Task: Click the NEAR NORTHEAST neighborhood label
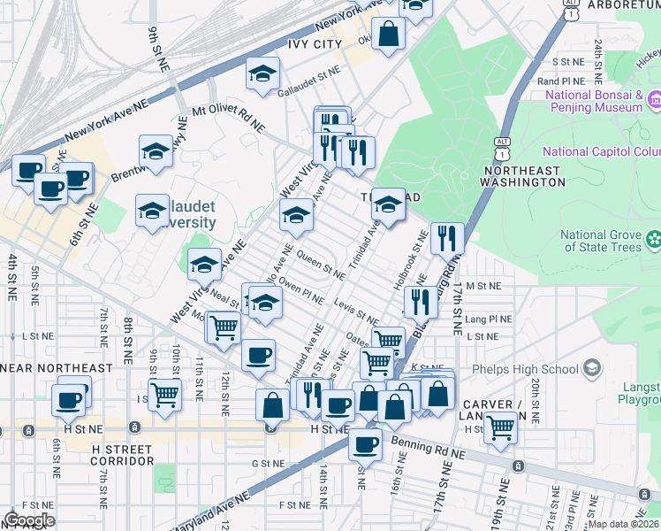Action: pyautogui.click(x=57, y=368)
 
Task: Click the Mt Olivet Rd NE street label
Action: pyautogui.click(x=228, y=119)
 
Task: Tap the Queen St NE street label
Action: pyautogui.click(x=321, y=265)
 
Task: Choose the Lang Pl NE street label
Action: pyautogui.click(x=489, y=319)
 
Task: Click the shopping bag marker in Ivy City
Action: pyautogui.click(x=388, y=35)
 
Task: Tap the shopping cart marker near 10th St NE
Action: pyautogui.click(x=164, y=395)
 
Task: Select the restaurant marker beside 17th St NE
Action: pyautogui.click(x=447, y=238)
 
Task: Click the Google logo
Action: pyautogui.click(x=29, y=520)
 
